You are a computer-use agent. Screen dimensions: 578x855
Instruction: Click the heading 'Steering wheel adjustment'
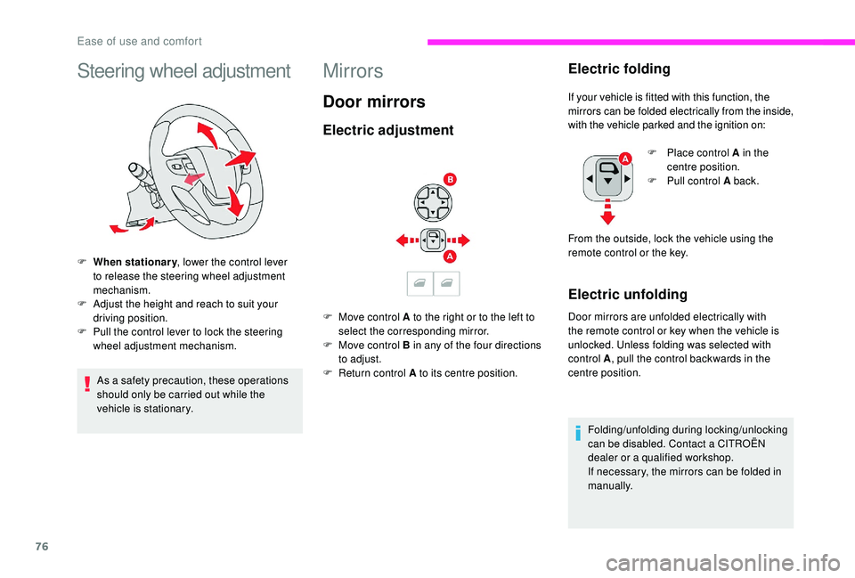pyautogui.click(x=183, y=70)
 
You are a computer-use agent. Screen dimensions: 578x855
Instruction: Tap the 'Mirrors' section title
pyautogui.click(x=353, y=70)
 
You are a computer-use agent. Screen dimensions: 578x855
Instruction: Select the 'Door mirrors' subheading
pyautogui.click(x=374, y=102)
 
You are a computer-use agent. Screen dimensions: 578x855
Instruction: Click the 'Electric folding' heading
pyautogui.click(x=619, y=68)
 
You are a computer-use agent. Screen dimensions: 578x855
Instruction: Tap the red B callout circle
pyautogui.click(x=451, y=180)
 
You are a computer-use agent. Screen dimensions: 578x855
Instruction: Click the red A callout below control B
pyautogui.click(x=451, y=256)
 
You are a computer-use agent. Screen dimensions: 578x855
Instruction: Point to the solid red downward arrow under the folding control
pyautogui.click(x=607, y=215)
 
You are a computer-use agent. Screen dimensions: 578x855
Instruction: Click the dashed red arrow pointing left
pyautogui.click(x=407, y=240)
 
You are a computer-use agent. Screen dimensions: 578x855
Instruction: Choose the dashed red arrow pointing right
pyautogui.click(x=459, y=240)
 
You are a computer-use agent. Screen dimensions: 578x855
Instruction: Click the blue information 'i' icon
pyautogui.click(x=578, y=434)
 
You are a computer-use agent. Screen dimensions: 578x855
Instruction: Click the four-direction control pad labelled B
pyautogui.click(x=432, y=203)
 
